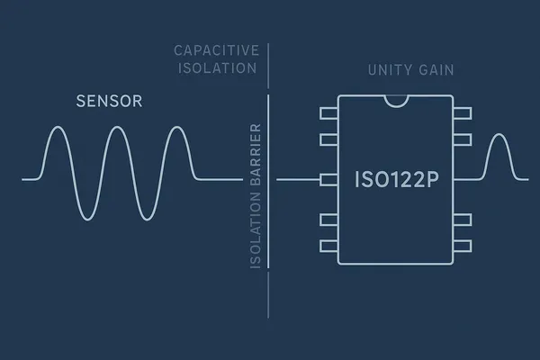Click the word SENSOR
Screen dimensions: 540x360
pyautogui.click(x=109, y=102)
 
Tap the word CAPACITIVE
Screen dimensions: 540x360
pyautogui.click(x=217, y=50)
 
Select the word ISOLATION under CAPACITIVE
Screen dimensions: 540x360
pyautogui.click(x=217, y=68)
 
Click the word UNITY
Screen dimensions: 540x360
pyautogui.click(x=386, y=70)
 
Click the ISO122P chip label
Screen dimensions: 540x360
pyautogui.click(x=397, y=179)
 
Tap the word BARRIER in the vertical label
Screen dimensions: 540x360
pyautogui.click(x=256, y=155)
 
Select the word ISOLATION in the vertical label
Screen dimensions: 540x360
pyautogui.click(x=256, y=230)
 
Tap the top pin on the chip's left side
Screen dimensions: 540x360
pyautogui.click(x=328, y=113)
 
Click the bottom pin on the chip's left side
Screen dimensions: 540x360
pyautogui.click(x=328, y=246)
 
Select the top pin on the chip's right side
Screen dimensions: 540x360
pyautogui.click(x=463, y=113)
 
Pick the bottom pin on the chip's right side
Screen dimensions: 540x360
pyautogui.click(x=463, y=246)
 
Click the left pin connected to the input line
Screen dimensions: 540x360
pyautogui.click(x=328, y=180)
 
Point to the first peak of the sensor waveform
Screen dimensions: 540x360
pyautogui.click(x=58, y=127)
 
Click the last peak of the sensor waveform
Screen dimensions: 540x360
pyautogui.click(x=177, y=127)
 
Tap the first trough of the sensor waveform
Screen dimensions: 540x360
pyautogui.click(x=87, y=220)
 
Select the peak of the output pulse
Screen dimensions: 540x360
pyautogui.click(x=499, y=134)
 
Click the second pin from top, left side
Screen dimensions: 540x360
pyautogui.click(x=328, y=139)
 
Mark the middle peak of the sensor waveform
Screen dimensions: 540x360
pyautogui.click(x=117, y=127)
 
